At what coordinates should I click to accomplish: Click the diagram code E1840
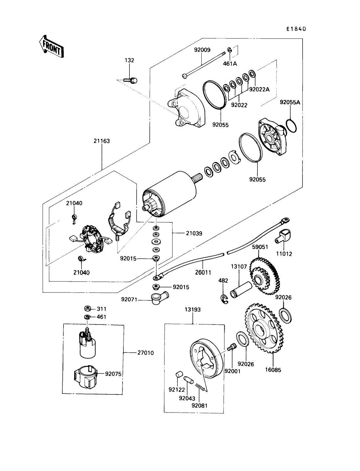click(296, 29)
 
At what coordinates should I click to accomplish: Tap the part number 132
click(129, 60)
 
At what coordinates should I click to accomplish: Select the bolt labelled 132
click(130, 80)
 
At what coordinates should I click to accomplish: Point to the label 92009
click(202, 50)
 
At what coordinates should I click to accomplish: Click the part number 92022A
click(259, 89)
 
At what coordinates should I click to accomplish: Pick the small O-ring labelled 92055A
click(292, 125)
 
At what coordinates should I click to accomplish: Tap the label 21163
click(101, 141)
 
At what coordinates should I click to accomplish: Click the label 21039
click(194, 233)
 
